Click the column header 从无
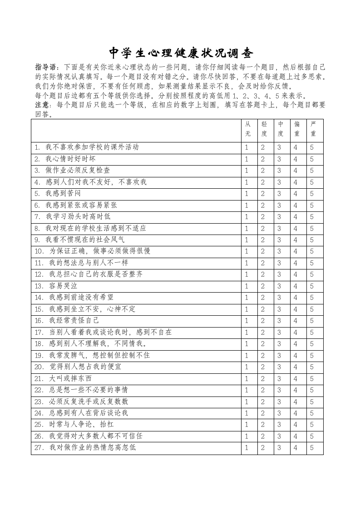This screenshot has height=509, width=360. point(247,129)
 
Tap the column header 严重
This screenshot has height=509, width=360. point(312,129)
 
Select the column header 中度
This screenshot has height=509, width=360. point(280,129)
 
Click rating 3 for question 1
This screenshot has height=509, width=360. point(280,147)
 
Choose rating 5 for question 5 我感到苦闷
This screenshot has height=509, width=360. point(312,194)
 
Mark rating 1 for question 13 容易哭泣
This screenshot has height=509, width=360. point(247,286)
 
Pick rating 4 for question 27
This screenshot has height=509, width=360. point(296,448)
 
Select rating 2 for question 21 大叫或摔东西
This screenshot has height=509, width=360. point(263,379)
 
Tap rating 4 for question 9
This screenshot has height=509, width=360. point(296,240)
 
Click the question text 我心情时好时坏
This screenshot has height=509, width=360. point(70,159)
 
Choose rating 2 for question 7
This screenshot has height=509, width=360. point(263,217)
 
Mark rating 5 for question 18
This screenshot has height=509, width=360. point(312,344)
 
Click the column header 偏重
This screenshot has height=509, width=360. point(296,129)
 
